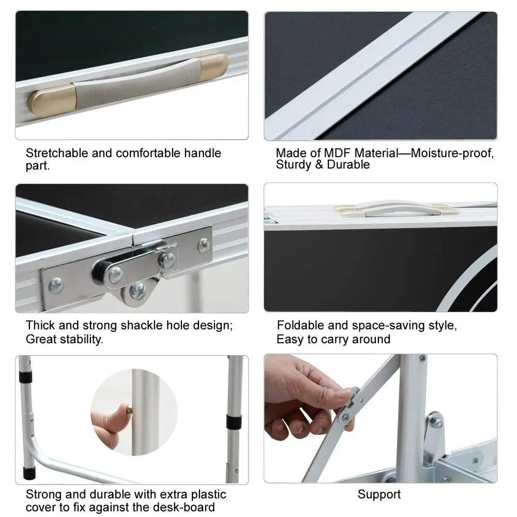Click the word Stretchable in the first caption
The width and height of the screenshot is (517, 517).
[57, 154]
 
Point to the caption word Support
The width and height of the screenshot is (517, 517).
[379, 494]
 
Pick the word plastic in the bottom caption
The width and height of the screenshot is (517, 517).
[209, 495]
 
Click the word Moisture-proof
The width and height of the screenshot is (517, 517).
[452, 154]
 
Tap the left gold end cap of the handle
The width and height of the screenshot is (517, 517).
[51, 101]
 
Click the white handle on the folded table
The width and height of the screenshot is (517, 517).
[395, 209]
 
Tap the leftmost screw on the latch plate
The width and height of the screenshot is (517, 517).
[56, 285]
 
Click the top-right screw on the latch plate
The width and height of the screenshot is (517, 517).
[203, 246]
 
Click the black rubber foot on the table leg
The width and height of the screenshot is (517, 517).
[29, 474]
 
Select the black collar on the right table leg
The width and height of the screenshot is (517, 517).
[234, 422]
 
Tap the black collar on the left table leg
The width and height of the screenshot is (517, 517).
[25, 376]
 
